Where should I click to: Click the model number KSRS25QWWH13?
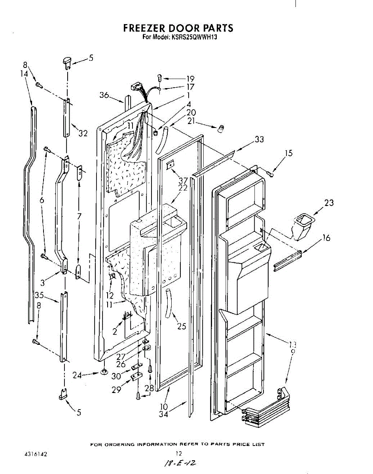[194, 38]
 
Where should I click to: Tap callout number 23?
[329, 203]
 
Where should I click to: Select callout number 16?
[326, 238]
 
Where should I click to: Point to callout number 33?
[259, 139]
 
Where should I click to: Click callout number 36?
[104, 95]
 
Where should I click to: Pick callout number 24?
[78, 376]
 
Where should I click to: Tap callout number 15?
[289, 153]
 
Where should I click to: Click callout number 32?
[82, 134]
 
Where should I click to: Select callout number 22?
[183, 188]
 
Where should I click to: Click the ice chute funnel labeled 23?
[303, 225]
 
